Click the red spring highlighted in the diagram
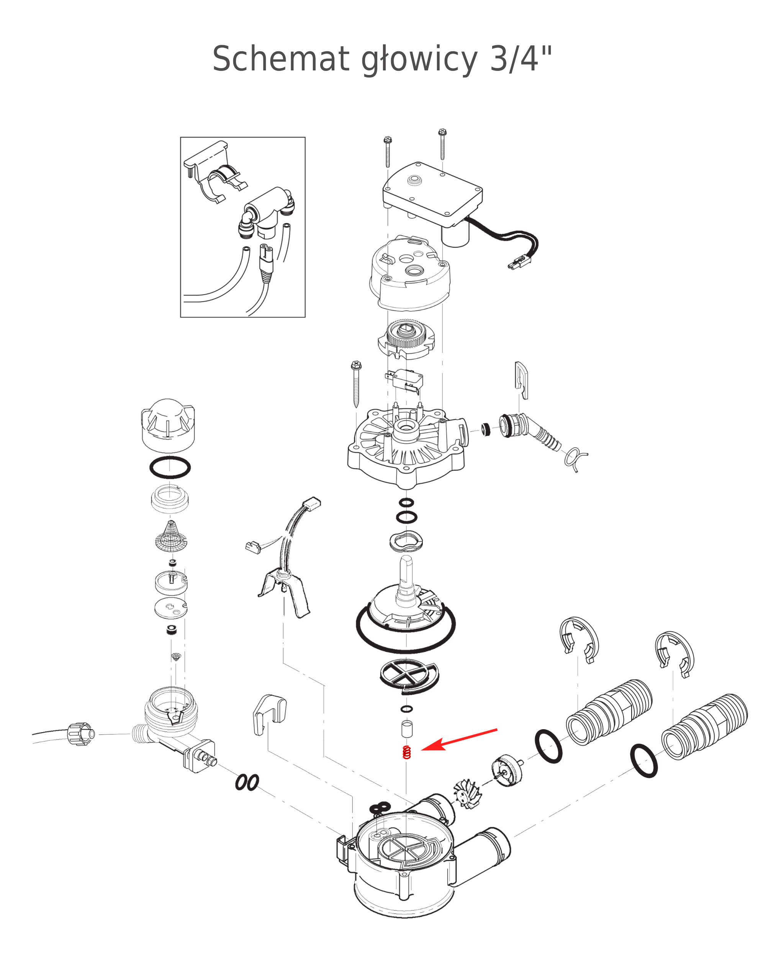point(406,752)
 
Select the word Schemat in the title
point(281,59)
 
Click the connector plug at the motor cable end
point(520,263)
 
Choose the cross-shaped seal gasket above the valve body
point(409,676)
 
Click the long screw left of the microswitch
point(356,384)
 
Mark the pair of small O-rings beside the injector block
point(247,782)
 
